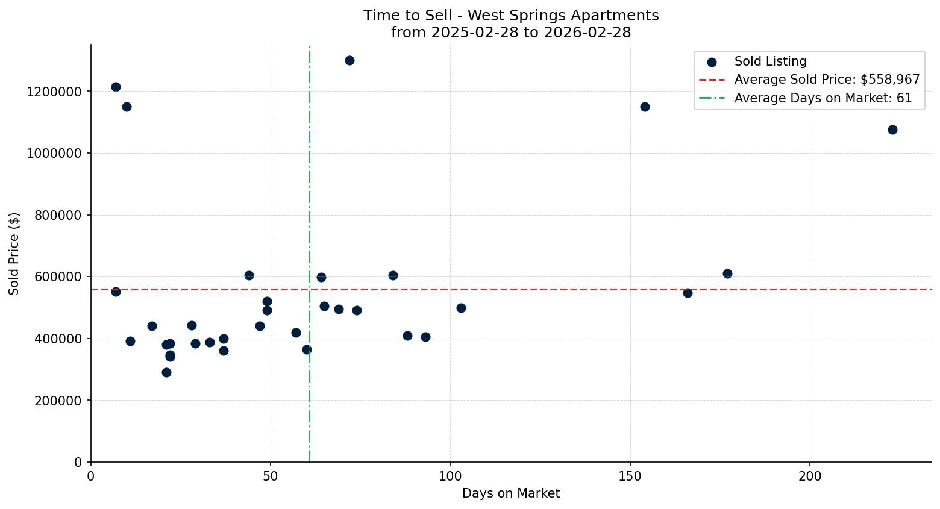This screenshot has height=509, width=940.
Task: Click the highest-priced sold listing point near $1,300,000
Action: coord(349,60)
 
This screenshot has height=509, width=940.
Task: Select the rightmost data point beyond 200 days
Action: coord(892,130)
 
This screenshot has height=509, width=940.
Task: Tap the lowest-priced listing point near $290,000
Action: coord(166,372)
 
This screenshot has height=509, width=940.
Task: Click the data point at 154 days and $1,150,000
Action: coord(645,107)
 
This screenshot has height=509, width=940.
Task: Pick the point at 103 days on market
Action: coord(461,308)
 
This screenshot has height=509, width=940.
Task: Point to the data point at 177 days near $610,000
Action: coord(727,273)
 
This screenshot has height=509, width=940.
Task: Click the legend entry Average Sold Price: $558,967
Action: coord(827,80)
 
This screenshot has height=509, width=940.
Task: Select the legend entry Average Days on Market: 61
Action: coord(822,98)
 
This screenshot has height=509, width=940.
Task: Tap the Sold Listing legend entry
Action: coord(770,61)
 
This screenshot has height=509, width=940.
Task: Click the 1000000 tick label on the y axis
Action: coord(54,153)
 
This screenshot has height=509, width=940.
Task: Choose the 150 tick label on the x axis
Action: coord(630,476)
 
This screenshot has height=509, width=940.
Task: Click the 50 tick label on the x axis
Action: coord(271,476)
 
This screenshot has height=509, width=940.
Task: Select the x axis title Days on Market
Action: coord(511,493)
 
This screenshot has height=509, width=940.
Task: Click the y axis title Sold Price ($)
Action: coord(14,253)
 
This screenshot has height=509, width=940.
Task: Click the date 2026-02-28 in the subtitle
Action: coord(587,33)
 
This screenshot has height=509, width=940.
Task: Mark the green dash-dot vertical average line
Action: coord(309,181)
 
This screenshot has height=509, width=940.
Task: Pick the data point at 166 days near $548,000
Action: coord(688,293)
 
